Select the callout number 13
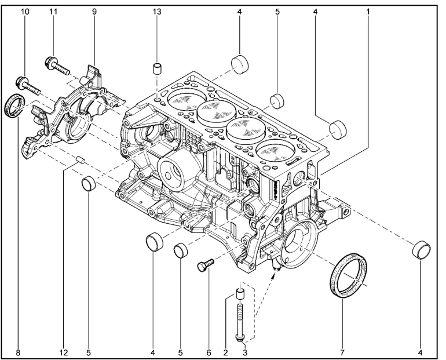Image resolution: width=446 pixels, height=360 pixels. point(158,10)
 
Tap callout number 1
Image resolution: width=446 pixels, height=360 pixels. point(368,10)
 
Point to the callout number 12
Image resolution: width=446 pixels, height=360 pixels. point(64,352)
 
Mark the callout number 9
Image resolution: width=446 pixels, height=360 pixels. point(94,10)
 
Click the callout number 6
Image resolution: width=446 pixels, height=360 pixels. point(209,352)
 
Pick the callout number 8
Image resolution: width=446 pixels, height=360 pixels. point(17,352)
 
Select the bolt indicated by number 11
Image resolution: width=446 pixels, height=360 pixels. point(57,65)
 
